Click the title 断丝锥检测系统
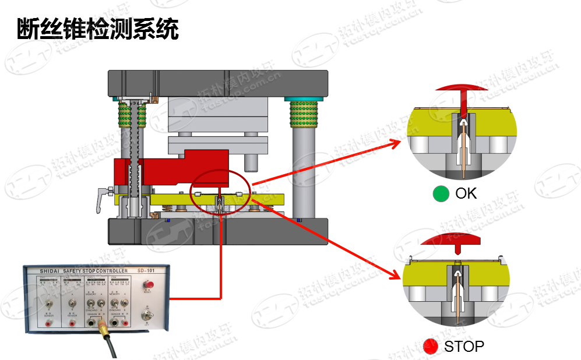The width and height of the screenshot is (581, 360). pyautogui.click(x=97, y=29)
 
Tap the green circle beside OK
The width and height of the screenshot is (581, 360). pyautogui.click(x=441, y=194)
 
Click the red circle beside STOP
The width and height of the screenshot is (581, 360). pyautogui.click(x=431, y=347)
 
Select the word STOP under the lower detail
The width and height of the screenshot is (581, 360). pyautogui.click(x=464, y=347)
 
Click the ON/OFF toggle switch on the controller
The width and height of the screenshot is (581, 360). pyautogui.click(x=147, y=315)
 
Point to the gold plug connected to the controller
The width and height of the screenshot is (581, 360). pyautogui.click(x=103, y=329)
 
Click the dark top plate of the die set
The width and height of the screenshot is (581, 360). pyautogui.click(x=216, y=82)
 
